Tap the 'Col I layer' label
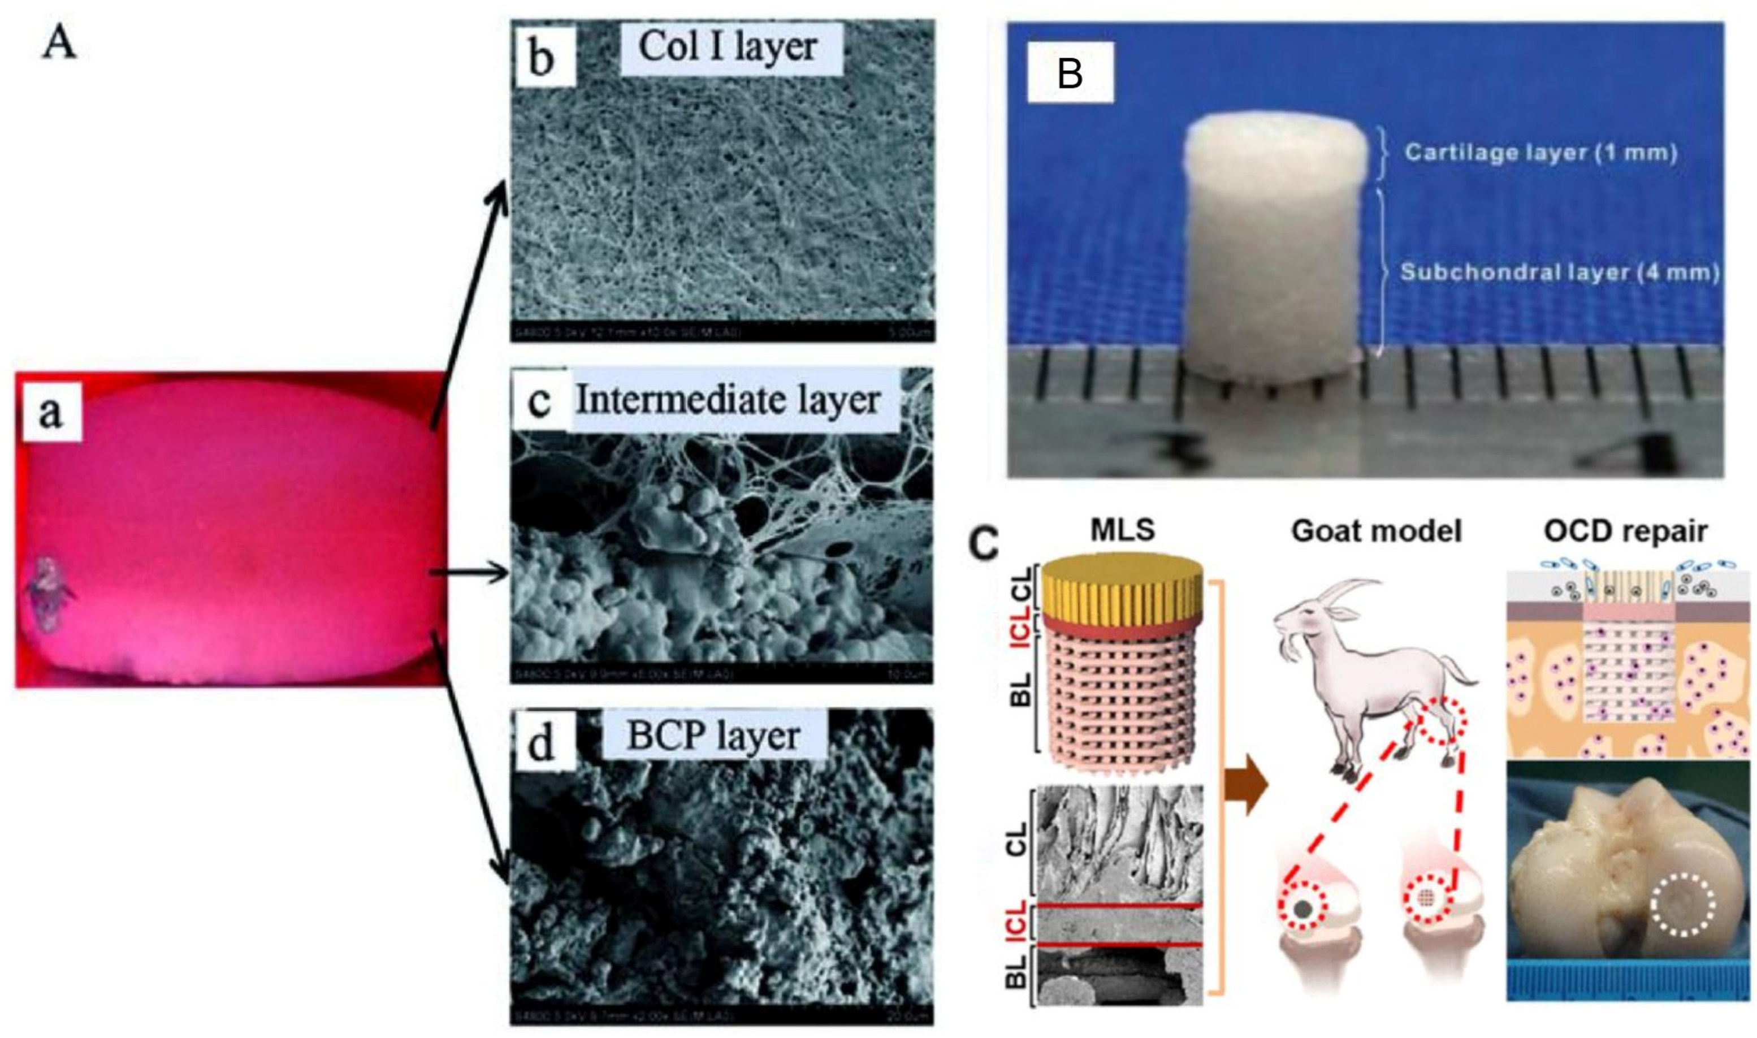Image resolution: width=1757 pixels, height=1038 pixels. click(728, 47)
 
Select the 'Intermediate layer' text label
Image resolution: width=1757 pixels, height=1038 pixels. click(728, 400)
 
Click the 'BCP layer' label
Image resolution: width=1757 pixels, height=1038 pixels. click(713, 736)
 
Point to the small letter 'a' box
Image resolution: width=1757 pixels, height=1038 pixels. click(51, 413)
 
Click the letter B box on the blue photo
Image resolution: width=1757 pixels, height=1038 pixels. click(1070, 73)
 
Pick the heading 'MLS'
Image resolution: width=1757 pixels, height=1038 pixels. click(1124, 531)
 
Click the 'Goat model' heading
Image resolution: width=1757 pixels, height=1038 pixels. click(1377, 531)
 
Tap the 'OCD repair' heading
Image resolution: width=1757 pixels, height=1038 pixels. click(1625, 531)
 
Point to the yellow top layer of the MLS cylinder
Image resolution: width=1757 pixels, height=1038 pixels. click(1123, 584)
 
